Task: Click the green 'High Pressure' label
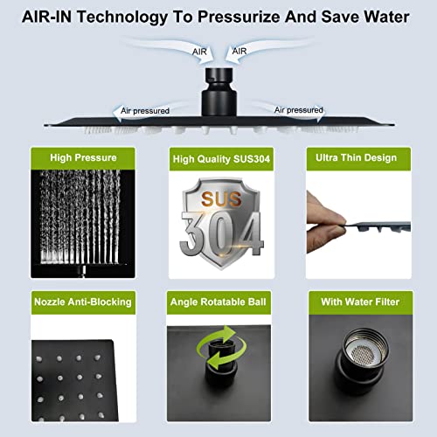click(x=83, y=158)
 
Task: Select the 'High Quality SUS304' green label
click(x=218, y=158)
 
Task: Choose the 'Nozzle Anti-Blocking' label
click(x=83, y=302)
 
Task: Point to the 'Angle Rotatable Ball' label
click(x=218, y=302)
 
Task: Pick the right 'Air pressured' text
click(x=299, y=110)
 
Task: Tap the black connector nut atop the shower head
click(x=218, y=87)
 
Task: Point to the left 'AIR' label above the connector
click(x=200, y=52)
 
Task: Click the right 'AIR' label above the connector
click(x=238, y=52)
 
